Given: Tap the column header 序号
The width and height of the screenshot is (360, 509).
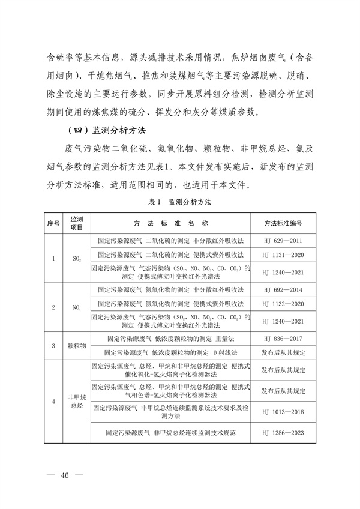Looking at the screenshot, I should pyautogui.click(x=53, y=223).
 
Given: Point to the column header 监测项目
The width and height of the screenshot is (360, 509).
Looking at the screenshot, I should pyautogui.click(x=77, y=223).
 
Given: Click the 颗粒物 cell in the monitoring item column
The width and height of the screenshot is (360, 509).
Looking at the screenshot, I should pyautogui.click(x=77, y=346).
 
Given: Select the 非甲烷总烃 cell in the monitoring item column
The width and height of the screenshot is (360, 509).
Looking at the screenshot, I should pyautogui.click(x=77, y=401).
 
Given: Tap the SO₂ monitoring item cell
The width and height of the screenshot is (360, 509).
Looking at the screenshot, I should pyautogui.click(x=77, y=259).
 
